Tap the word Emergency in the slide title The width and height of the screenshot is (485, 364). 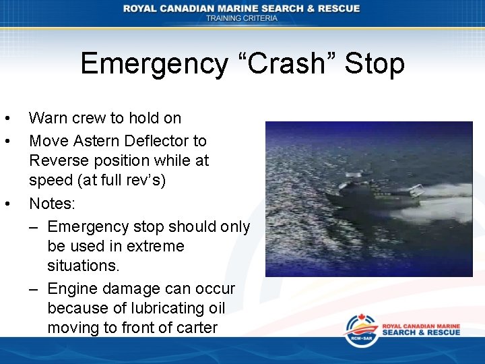154,64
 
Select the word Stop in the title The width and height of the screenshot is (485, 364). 375,64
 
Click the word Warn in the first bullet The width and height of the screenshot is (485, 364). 48,119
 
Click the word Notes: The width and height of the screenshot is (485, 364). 52,203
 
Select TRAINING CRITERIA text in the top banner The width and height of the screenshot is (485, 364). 242,18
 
